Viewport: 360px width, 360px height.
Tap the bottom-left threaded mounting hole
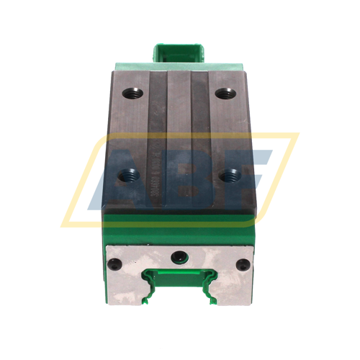click(132, 173)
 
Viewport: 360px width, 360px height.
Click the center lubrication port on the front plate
click(179, 256)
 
